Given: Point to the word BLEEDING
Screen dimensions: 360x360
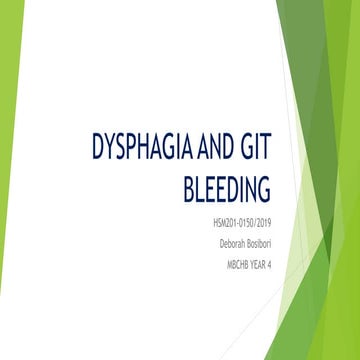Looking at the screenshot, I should pyautogui.click(x=229, y=187).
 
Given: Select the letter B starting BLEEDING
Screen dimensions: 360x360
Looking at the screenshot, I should pyautogui.click(x=190, y=187).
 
